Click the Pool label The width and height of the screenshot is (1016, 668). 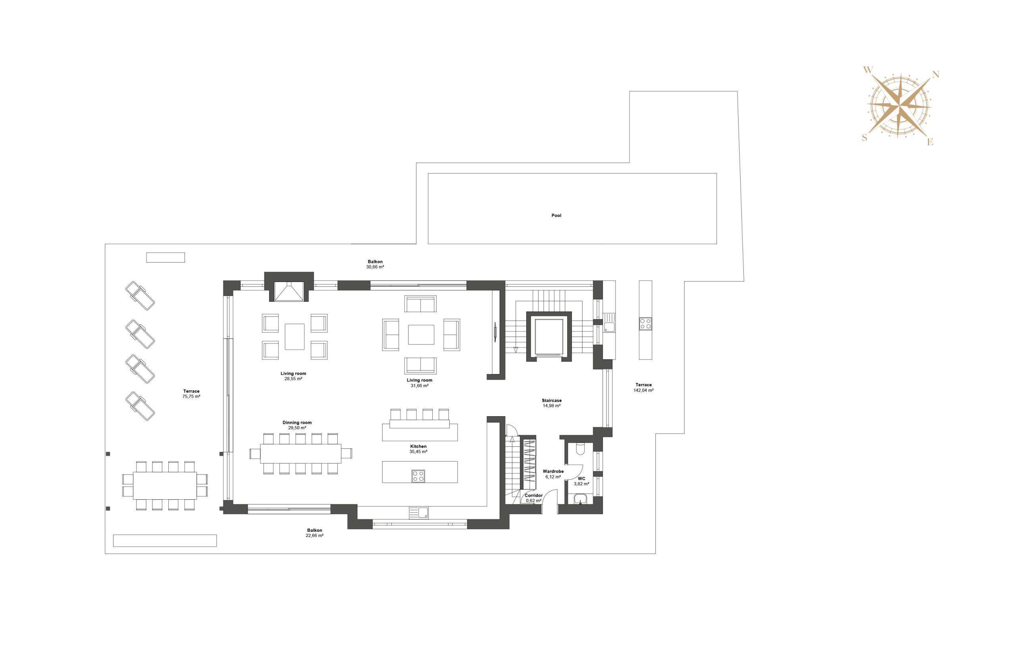pyautogui.click(x=556, y=216)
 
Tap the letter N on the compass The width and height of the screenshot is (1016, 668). pyautogui.click(x=935, y=75)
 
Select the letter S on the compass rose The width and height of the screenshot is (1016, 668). pyautogui.click(x=865, y=138)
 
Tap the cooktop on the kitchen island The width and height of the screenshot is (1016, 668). pyautogui.click(x=418, y=476)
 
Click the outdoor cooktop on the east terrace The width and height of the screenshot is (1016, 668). pyautogui.click(x=645, y=323)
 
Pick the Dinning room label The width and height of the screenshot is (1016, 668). pyautogui.click(x=297, y=423)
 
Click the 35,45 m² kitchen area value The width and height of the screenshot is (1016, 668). pyautogui.click(x=418, y=452)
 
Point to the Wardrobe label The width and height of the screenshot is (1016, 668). pyautogui.click(x=553, y=471)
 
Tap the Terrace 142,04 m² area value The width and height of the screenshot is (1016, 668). pyautogui.click(x=644, y=390)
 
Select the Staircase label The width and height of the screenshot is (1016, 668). pyautogui.click(x=552, y=401)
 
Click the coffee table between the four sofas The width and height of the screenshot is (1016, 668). pyautogui.click(x=421, y=334)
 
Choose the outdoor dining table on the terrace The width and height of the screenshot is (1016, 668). pyautogui.click(x=165, y=485)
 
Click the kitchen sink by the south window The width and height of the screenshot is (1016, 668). pyautogui.click(x=419, y=513)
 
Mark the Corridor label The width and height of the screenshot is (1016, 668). pyautogui.click(x=534, y=496)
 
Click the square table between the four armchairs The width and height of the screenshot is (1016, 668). pyautogui.click(x=294, y=336)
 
